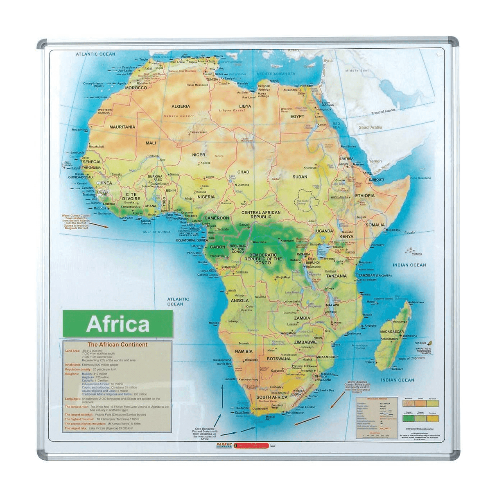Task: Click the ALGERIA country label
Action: coord(181,106)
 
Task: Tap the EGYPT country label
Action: coord(297,117)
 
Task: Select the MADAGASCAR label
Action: coord(392,332)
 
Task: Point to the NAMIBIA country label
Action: coord(244,352)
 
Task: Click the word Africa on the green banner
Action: coord(118,324)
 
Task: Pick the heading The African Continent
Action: coord(117,345)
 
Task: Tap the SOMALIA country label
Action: coord(375,225)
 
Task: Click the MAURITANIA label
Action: coord(122,127)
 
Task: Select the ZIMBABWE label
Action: coord(305,342)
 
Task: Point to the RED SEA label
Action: coord(336,125)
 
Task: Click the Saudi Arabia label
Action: coord(370,127)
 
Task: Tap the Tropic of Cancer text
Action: coord(383,111)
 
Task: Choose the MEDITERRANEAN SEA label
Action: coord(276,74)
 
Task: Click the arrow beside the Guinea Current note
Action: coord(99,225)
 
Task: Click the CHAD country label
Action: coord(243,172)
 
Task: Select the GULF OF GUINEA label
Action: coord(156,232)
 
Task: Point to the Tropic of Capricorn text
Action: coord(411,358)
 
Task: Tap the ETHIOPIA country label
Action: coord(365,196)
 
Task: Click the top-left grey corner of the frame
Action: coord(42,43)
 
